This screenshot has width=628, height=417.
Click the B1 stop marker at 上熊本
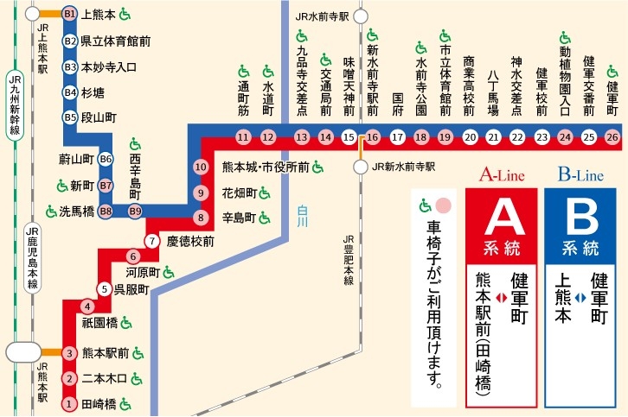(70, 15)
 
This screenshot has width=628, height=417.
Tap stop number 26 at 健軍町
(612, 136)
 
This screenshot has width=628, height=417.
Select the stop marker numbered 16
(373, 136)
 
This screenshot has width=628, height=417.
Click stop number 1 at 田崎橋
(70, 403)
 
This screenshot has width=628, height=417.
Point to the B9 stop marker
(135, 211)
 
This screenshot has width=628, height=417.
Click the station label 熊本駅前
(105, 353)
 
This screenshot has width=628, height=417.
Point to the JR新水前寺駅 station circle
(362, 167)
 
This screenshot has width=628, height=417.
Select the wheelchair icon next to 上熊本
(125, 14)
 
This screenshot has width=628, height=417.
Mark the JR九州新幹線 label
(13, 104)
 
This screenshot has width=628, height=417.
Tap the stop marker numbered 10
(201, 167)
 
